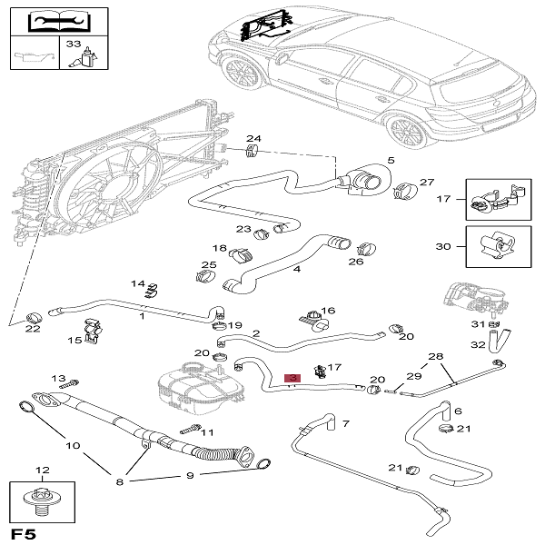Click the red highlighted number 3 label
292,378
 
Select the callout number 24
254,140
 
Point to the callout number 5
391,162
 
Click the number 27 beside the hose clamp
427,182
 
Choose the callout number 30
442,247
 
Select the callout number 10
73,447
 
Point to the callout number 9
190,475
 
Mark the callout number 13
58,378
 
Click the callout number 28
435,356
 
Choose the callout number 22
33,329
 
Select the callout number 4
297,270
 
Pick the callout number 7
344,423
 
